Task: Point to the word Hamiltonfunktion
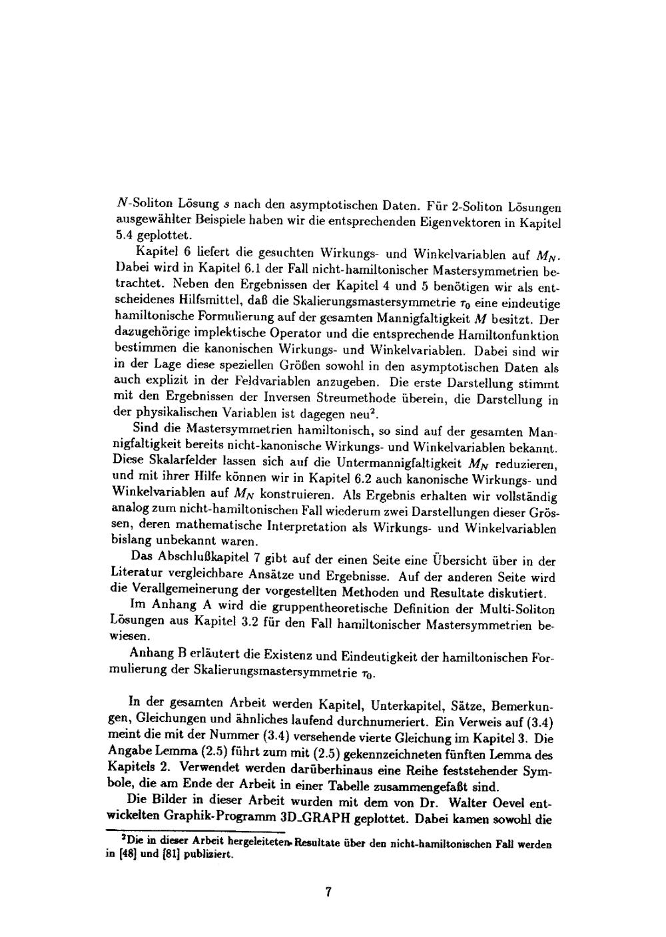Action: (512, 336)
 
